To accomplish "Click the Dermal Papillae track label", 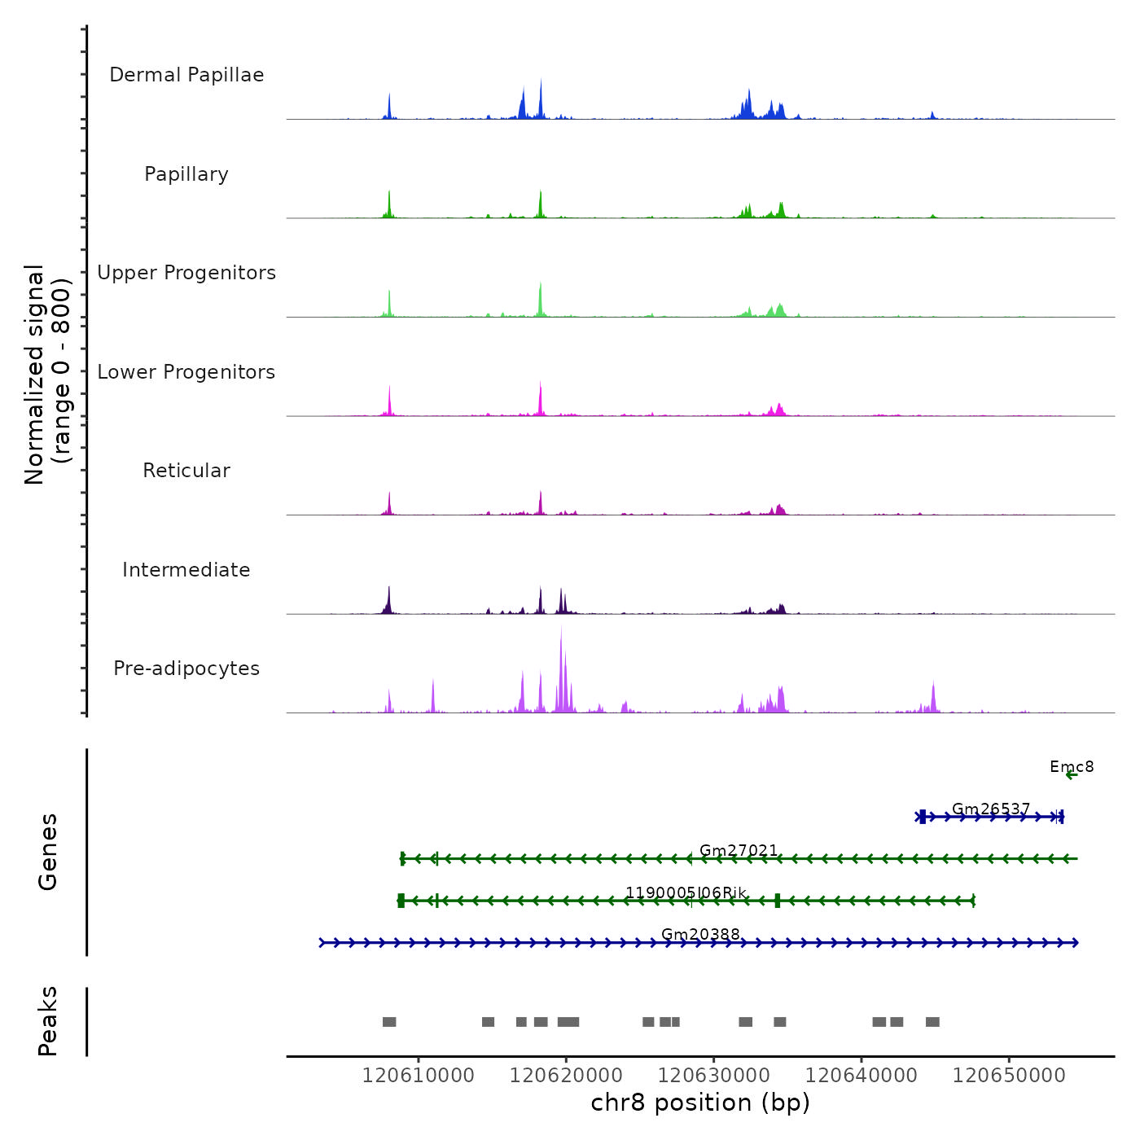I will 186,75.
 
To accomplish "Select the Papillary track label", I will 186,174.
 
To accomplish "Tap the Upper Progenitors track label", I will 186,273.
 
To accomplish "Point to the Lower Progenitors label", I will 186,372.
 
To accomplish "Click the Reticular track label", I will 186,471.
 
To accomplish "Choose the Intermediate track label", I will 186,570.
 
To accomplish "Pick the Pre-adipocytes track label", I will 186,669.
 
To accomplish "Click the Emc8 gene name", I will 1072,767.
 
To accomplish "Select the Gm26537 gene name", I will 991,809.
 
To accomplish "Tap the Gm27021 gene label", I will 739,851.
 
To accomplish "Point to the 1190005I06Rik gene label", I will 686,893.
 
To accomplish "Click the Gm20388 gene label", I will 700,935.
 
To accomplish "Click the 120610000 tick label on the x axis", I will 419,1076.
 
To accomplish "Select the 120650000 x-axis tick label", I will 1009,1076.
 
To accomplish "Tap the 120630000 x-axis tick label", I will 714,1076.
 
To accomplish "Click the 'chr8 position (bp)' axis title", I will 700,1103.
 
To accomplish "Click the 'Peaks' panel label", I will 48,1021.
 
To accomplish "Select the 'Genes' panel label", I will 48,852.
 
